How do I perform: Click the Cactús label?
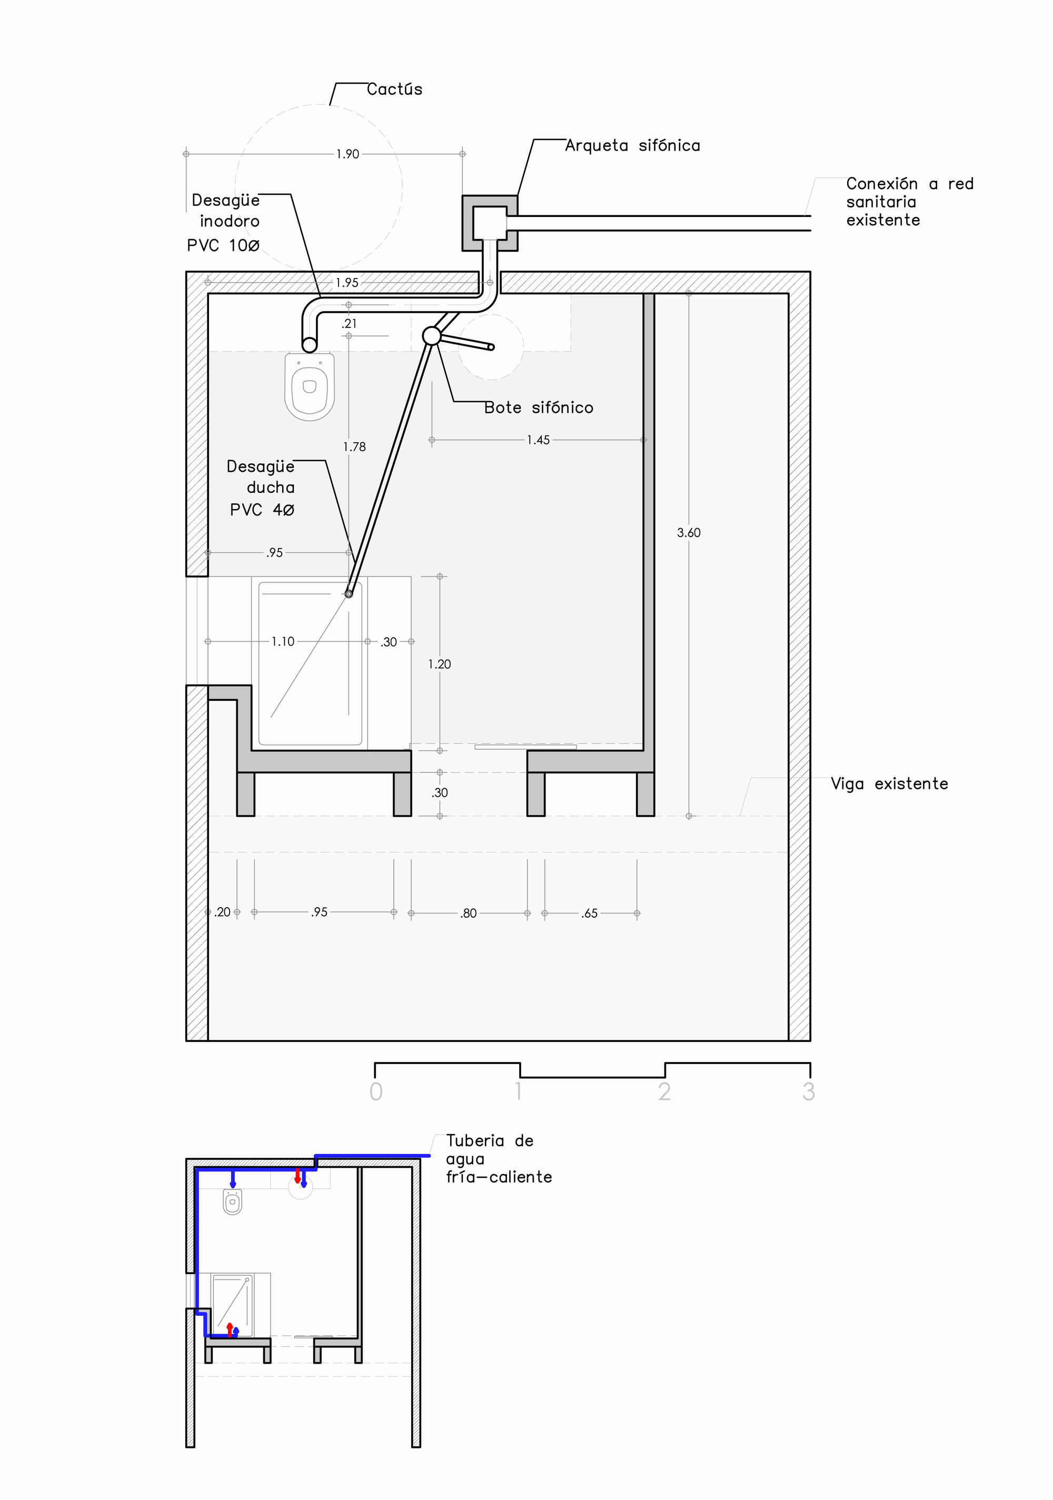tap(394, 90)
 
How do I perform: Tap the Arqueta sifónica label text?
tap(632, 146)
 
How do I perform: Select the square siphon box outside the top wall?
tap(489, 223)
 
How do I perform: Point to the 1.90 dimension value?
tap(347, 154)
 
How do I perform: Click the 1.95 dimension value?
tap(347, 283)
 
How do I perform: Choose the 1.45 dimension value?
tap(538, 440)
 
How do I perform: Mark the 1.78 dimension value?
tap(354, 447)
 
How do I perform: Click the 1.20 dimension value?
tap(440, 664)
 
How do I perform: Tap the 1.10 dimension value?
tap(283, 642)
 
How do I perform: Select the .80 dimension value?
tap(469, 913)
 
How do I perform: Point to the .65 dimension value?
tap(589, 913)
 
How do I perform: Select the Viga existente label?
tap(889, 784)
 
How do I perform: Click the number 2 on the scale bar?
tap(664, 1091)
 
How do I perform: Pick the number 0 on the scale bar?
tap(375, 1091)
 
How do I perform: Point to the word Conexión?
tap(882, 184)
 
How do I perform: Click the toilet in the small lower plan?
tap(233, 1201)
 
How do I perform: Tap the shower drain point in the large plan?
tap(349, 594)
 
